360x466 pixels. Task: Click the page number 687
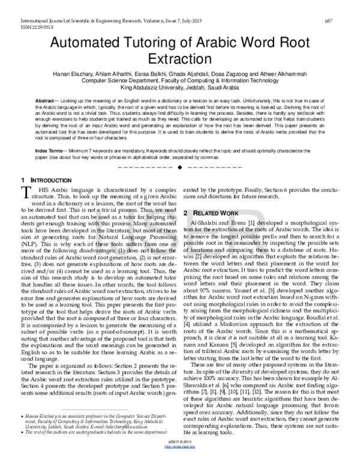point(346,22)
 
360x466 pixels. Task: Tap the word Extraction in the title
point(180,61)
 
